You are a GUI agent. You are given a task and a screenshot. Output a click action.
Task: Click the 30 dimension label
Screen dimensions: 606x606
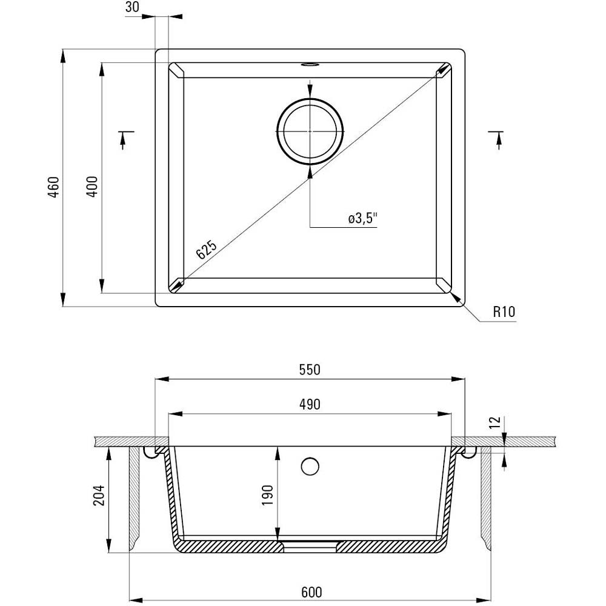point(132,7)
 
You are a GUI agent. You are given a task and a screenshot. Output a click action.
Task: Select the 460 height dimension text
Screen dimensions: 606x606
point(53,187)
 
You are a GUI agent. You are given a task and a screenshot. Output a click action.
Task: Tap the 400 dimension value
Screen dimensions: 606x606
point(92,187)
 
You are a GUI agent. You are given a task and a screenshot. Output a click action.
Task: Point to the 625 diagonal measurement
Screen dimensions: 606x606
point(207,250)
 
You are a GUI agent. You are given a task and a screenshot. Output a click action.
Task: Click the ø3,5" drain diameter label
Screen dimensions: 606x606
point(362,219)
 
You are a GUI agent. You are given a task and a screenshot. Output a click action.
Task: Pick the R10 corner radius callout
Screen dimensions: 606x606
point(504,311)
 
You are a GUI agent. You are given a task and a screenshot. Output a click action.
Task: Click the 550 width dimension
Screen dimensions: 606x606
point(310,370)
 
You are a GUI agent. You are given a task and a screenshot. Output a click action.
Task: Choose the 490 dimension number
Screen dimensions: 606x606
point(310,404)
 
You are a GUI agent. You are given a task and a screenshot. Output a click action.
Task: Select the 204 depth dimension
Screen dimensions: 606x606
point(99,495)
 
